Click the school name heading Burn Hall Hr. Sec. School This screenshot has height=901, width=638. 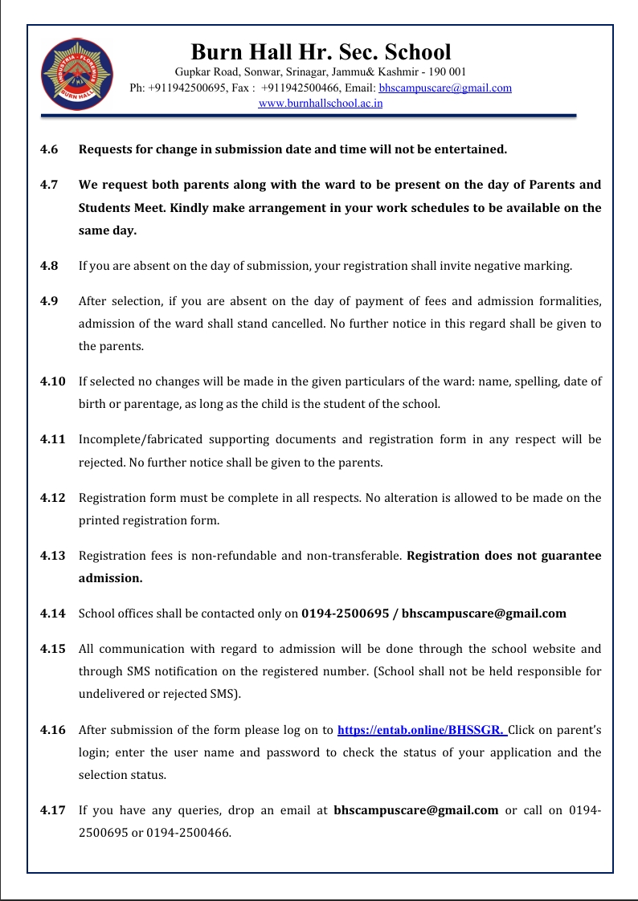click(321, 52)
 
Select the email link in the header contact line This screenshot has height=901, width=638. click(445, 88)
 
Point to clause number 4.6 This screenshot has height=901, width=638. click(49, 149)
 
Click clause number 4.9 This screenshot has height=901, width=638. click(49, 301)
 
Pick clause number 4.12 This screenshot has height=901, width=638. click(52, 498)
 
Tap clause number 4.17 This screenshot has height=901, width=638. click(52, 810)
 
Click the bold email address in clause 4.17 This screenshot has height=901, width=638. click(415, 810)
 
